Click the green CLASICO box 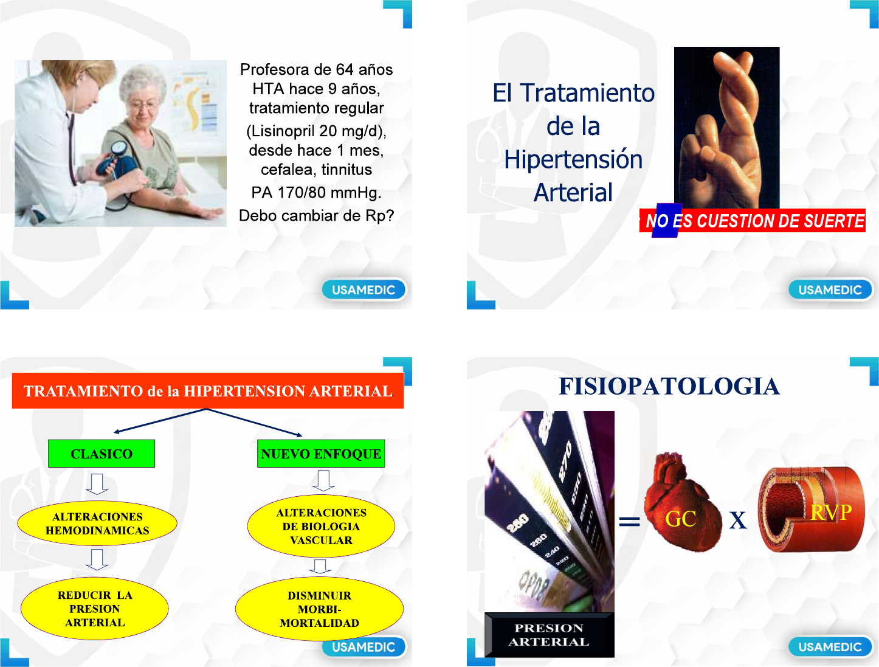pyautogui.click(x=102, y=454)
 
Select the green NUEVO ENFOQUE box pyautogui.click(x=321, y=454)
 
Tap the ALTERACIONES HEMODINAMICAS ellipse pyautogui.click(x=97, y=524)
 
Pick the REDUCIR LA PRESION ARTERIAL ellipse pyautogui.click(x=94, y=609)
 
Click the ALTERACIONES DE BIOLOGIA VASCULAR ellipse pyautogui.click(x=321, y=526)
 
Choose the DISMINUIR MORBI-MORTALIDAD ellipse pyautogui.click(x=319, y=609)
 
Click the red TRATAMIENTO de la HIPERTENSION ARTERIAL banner pyautogui.click(x=208, y=391)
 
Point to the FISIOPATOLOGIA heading pyautogui.click(x=669, y=386)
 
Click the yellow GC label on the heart pyautogui.click(x=680, y=519)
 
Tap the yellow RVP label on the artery pyautogui.click(x=831, y=513)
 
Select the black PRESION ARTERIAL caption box pyautogui.click(x=549, y=635)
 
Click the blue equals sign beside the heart pyautogui.click(x=629, y=521)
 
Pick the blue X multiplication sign pyautogui.click(x=738, y=520)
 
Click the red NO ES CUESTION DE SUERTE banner pyautogui.click(x=753, y=221)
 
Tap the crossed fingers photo pyautogui.click(x=727, y=128)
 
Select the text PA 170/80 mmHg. pyautogui.click(x=316, y=193)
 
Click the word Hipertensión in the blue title pyautogui.click(x=573, y=159)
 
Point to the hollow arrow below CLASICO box pyautogui.click(x=97, y=484)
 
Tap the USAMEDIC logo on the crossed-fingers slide pyautogui.click(x=830, y=289)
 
